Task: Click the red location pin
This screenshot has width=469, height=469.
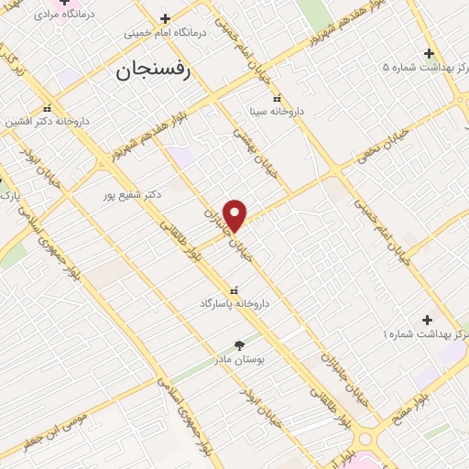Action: (x=235, y=214)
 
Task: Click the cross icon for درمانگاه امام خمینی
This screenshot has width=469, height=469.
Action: (x=165, y=18)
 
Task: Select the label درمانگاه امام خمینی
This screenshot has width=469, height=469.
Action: (x=166, y=32)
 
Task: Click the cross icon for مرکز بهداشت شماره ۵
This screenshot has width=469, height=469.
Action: (x=428, y=53)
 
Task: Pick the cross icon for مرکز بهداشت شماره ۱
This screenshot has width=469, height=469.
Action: (x=428, y=320)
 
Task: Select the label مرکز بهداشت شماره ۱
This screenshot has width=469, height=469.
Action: (x=424, y=335)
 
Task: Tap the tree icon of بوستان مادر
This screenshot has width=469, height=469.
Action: (x=240, y=345)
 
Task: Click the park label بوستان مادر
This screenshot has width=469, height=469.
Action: (x=239, y=360)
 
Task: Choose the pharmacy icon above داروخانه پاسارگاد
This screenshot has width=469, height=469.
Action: (x=241, y=288)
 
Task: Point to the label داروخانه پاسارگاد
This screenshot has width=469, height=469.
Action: (x=241, y=301)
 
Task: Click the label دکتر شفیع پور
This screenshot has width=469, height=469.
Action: (x=134, y=194)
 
